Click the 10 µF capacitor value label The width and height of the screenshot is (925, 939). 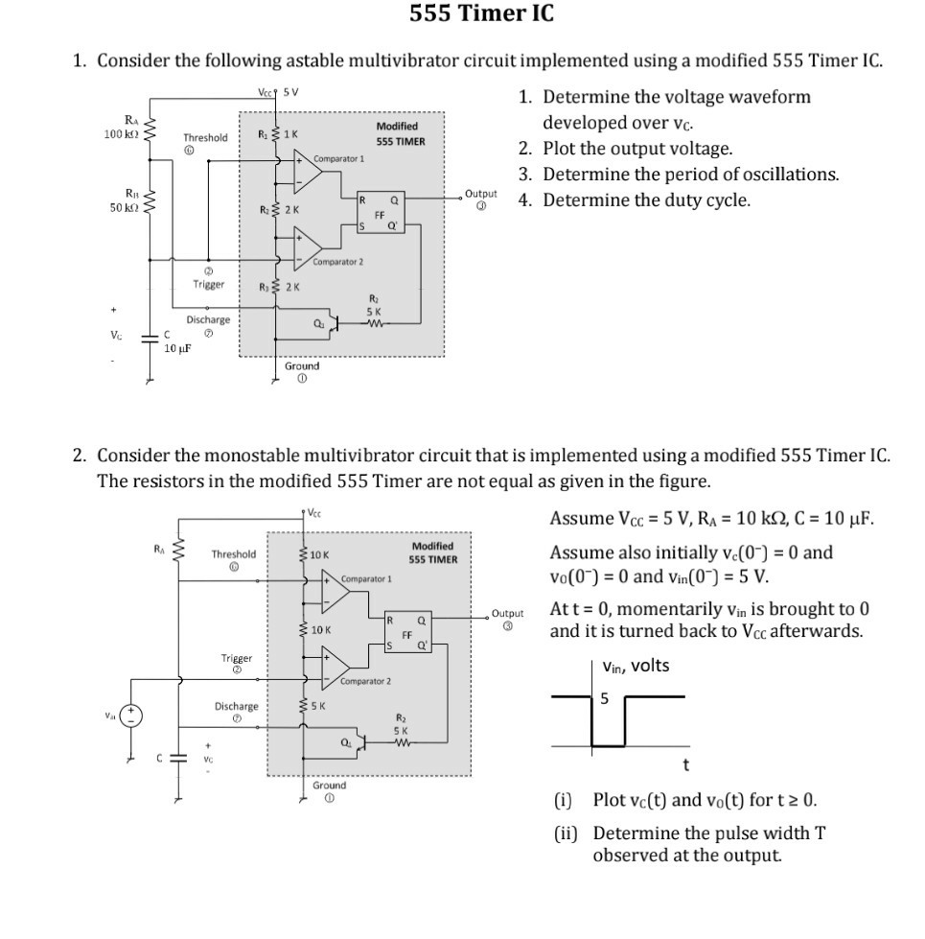175,347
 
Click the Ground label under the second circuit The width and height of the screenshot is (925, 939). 329,785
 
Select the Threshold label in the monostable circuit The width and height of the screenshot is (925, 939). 233,554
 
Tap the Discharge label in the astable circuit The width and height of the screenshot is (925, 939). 207,320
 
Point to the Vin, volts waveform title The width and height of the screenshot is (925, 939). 636,666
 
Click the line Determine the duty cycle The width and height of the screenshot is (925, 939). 646,200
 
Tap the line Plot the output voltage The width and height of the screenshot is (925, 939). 637,149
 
